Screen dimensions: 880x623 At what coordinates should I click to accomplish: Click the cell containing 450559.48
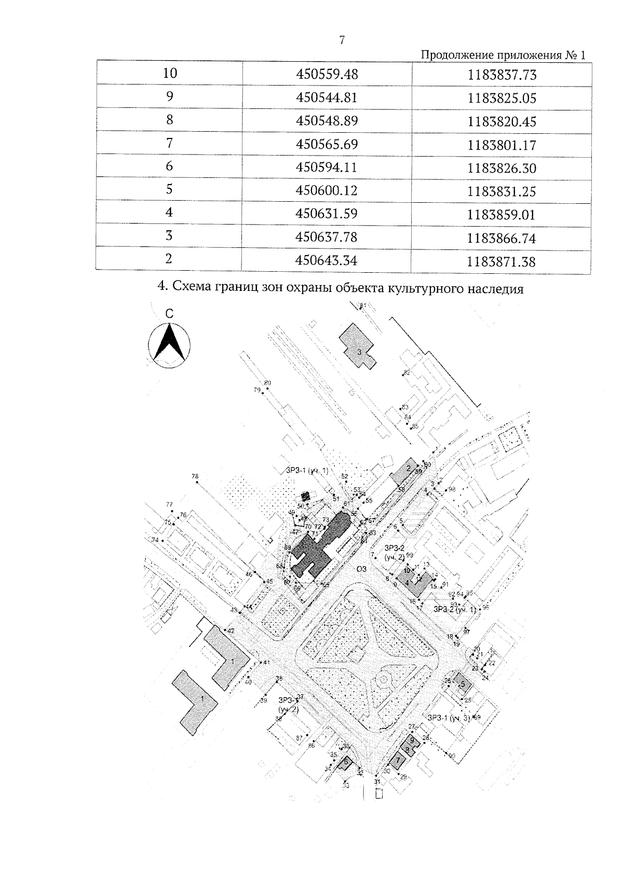pyautogui.click(x=327, y=75)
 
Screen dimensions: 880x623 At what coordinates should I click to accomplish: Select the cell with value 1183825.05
pyautogui.click(x=502, y=98)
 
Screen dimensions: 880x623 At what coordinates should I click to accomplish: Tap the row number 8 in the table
pyautogui.click(x=169, y=120)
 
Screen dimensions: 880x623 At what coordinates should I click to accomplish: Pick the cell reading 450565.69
pyautogui.click(x=327, y=144)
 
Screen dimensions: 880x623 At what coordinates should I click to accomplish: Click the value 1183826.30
pyautogui.click(x=502, y=169)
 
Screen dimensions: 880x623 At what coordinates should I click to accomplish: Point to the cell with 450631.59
pyautogui.click(x=327, y=214)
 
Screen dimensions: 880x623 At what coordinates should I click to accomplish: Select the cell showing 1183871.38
pyautogui.click(x=501, y=262)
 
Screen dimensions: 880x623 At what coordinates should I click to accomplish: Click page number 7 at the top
pyautogui.click(x=342, y=40)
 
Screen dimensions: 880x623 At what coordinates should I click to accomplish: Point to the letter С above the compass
pyautogui.click(x=169, y=314)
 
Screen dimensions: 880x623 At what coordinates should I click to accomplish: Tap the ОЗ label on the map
pyautogui.click(x=362, y=568)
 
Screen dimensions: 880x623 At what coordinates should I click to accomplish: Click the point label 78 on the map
pyautogui.click(x=195, y=476)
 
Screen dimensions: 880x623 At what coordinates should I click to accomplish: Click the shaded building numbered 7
pyautogui.click(x=398, y=761)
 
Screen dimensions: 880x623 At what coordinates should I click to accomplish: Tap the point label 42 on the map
pyautogui.click(x=231, y=631)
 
